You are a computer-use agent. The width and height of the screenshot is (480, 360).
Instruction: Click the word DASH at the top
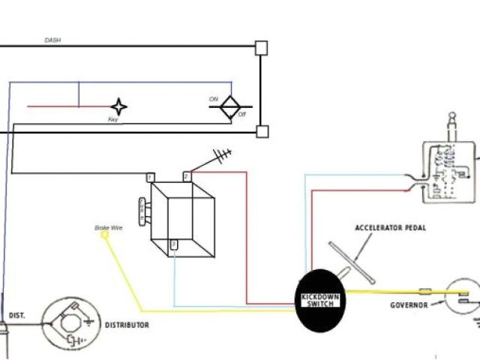52,40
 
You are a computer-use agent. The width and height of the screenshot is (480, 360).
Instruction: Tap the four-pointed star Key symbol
118,106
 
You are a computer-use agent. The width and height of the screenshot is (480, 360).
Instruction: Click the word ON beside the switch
214,99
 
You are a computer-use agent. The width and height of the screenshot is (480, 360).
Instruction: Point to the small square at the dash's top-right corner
261,47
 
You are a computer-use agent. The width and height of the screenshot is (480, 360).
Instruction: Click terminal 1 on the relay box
151,177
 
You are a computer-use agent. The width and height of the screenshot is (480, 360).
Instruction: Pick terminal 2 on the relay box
187,177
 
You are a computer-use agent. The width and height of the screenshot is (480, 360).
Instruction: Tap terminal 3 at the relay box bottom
174,244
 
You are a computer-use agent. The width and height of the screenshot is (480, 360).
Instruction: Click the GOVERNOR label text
409,305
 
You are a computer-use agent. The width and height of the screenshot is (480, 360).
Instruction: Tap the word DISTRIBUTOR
127,325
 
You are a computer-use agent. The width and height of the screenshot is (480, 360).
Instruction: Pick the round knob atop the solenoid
454,117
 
